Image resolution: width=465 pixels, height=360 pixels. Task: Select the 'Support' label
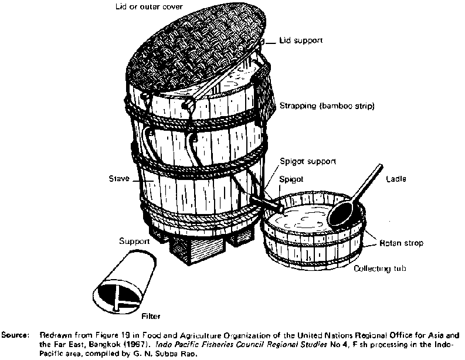pyautogui.click(x=134, y=240)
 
